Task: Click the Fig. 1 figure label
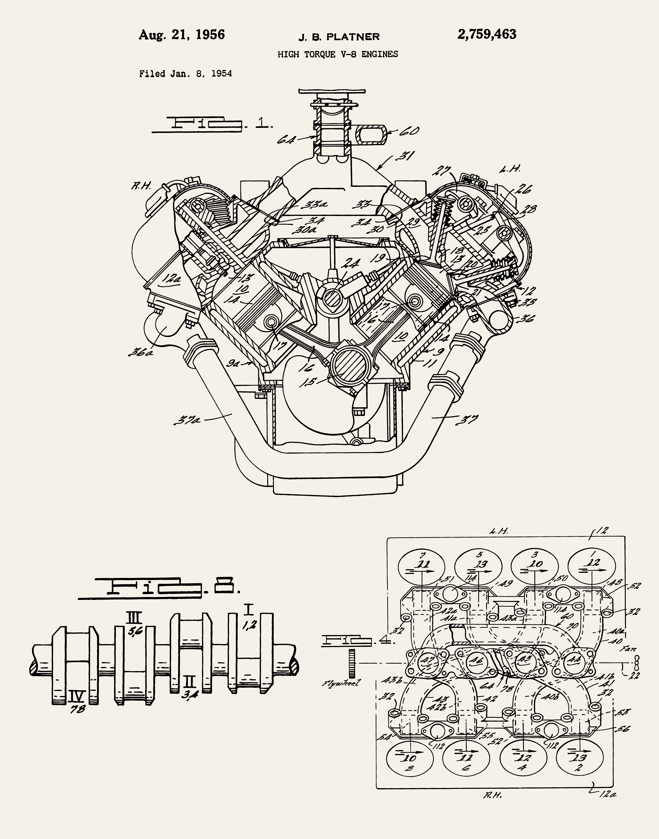click(213, 124)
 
